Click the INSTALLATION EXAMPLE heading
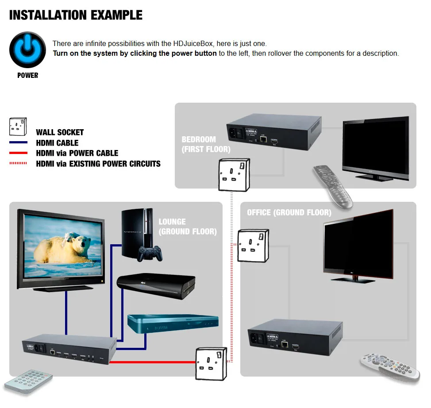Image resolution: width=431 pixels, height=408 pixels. [76, 15]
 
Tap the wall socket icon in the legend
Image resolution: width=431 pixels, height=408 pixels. [18, 127]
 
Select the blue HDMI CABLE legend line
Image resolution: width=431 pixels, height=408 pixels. [19, 143]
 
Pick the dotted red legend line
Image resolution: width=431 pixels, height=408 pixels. [19, 164]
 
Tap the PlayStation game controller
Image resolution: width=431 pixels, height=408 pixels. [150, 254]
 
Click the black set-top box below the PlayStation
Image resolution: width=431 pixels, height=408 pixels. [155, 287]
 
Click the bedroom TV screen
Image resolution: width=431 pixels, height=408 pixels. [375, 145]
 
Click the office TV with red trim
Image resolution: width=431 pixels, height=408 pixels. [358, 244]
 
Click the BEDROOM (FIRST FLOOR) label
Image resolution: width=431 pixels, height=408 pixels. [206, 144]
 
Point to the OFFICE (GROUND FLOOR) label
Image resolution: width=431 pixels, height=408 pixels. [289, 212]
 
